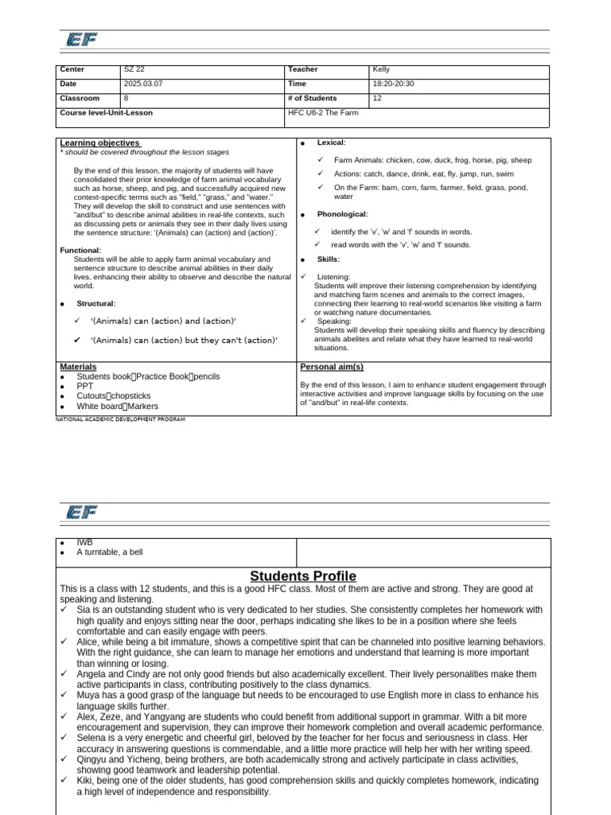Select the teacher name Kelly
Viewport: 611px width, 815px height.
point(382,70)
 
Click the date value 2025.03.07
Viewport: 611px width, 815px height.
point(142,84)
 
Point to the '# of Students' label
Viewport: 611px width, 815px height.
point(313,99)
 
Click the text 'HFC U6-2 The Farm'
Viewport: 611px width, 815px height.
point(323,113)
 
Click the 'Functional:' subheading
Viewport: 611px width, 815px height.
point(80,251)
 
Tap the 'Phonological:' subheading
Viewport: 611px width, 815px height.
point(342,214)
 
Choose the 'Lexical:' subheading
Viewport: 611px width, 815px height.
point(331,142)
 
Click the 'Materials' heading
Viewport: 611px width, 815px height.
point(78,367)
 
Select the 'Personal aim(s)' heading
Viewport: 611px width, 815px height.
point(332,367)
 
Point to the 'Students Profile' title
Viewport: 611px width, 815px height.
point(303,576)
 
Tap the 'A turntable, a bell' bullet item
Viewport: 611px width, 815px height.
point(110,552)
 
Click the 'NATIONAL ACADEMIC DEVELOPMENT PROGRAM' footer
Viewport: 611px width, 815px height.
point(120,419)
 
